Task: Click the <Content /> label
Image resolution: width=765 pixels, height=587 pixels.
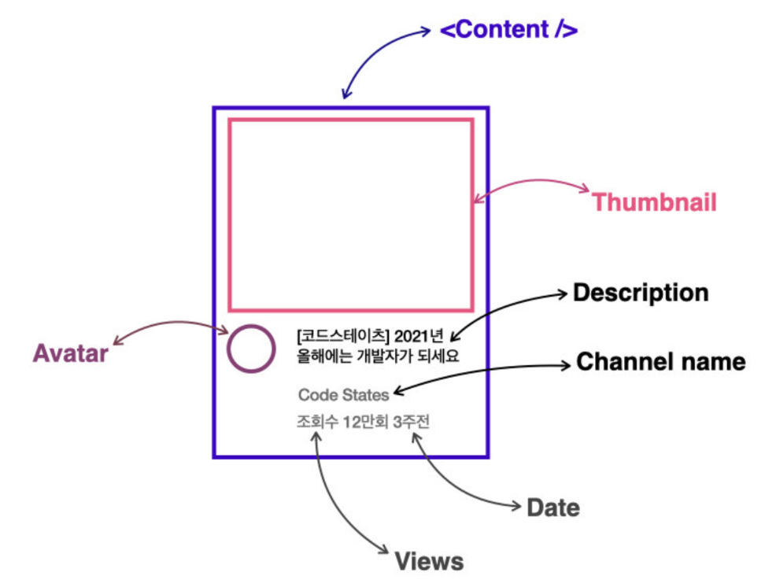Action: tap(508, 31)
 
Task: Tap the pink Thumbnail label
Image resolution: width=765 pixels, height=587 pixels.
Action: tap(654, 202)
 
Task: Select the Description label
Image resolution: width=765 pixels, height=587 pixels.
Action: tap(640, 293)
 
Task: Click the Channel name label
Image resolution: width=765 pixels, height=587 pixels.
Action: tap(660, 362)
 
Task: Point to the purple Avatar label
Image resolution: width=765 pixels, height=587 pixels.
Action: tap(70, 354)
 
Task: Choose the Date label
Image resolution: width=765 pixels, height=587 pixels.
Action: tap(552, 508)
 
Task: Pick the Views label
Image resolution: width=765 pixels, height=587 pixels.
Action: tap(429, 562)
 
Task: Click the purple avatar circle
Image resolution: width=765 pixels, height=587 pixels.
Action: tap(251, 349)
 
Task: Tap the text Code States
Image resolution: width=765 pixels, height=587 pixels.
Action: tap(343, 395)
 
